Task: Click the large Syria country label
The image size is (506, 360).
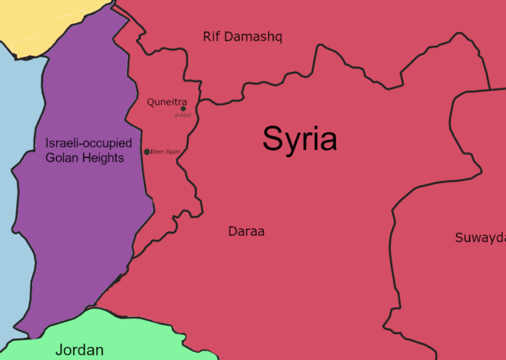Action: tap(299, 139)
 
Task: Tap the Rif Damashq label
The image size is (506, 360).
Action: tap(242, 36)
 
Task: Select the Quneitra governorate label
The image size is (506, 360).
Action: tap(166, 102)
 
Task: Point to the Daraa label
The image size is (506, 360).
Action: tap(246, 231)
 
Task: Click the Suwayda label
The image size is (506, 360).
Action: tap(480, 237)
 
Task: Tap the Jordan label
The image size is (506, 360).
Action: tap(79, 350)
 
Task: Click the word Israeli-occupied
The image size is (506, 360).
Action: tap(89, 143)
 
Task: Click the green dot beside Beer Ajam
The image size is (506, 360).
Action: tap(147, 152)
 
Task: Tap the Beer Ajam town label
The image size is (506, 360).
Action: tap(166, 152)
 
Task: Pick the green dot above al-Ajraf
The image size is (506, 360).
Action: tap(182, 109)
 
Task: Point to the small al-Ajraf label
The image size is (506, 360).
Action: tap(182, 115)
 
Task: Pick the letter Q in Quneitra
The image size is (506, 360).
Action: tap(150, 102)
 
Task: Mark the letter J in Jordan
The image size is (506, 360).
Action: tap(58, 350)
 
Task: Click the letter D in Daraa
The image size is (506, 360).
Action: tap(232, 231)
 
